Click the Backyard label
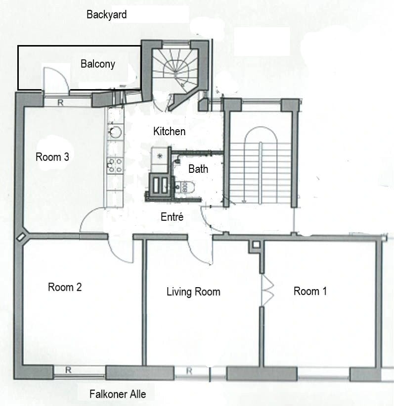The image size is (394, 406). (x=106, y=14)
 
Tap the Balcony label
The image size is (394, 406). (x=98, y=64)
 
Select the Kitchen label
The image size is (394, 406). (x=170, y=131)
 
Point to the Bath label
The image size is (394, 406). (x=198, y=169)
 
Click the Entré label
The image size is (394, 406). (x=172, y=217)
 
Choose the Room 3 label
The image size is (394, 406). (x=52, y=157)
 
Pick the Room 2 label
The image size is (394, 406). (x=65, y=287)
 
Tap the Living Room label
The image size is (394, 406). (x=193, y=292)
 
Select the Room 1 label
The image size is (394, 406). (x=310, y=291)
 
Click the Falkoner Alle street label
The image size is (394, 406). (x=118, y=394)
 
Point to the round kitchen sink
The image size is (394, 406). (x=115, y=132)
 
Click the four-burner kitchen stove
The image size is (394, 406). (x=115, y=166)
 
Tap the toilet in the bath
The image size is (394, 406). (x=184, y=187)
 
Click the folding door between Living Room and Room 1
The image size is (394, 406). (x=267, y=290)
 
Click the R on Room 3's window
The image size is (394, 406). (x=60, y=102)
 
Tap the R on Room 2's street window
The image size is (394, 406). (x=68, y=370)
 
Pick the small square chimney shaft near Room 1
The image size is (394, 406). (x=256, y=245)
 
